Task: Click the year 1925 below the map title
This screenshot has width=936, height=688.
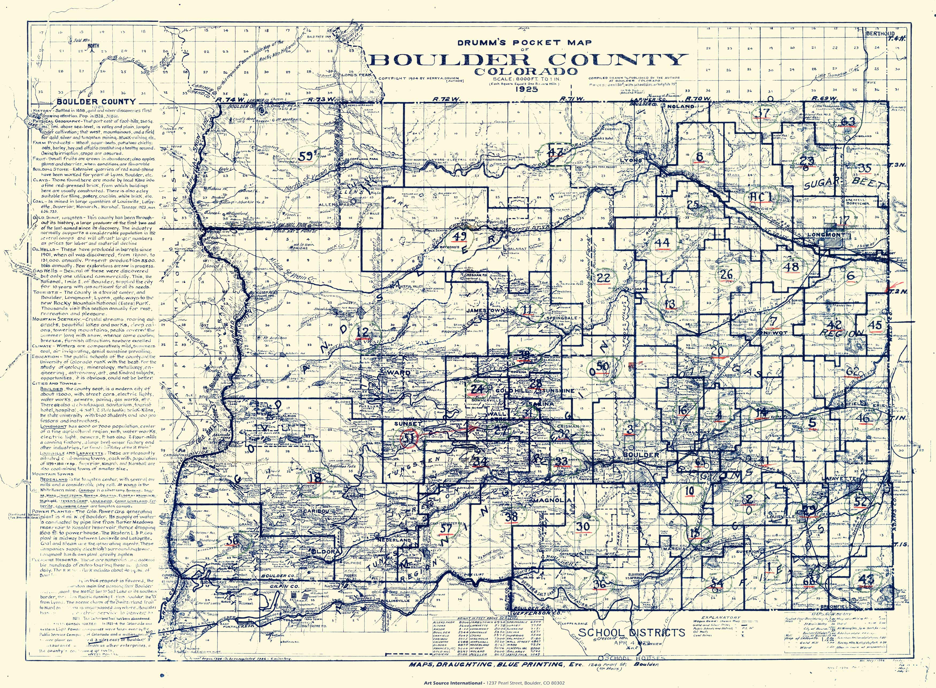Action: (x=527, y=89)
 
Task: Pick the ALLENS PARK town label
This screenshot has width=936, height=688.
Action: (x=330, y=205)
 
